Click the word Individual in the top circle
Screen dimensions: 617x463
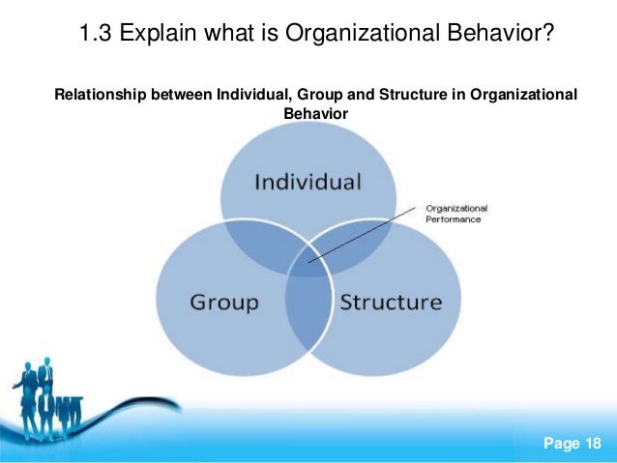coord(308,182)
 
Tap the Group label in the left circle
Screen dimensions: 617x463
coord(224,302)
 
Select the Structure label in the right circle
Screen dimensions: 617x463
coord(390,302)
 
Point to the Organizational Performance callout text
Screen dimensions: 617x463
coord(456,213)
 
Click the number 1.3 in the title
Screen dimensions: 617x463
coord(96,36)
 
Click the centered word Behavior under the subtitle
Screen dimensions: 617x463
coord(315,112)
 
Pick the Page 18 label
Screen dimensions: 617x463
coord(573,443)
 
